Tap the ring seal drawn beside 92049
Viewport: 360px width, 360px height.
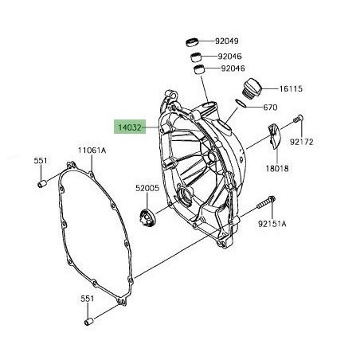pyautogui.click(x=192, y=40)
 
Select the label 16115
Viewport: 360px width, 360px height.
pyautogui.click(x=291, y=88)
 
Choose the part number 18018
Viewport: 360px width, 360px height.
pyautogui.click(x=277, y=170)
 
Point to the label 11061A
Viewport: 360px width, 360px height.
pyautogui.click(x=92, y=149)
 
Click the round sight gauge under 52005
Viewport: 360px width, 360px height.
pyautogui.click(x=146, y=215)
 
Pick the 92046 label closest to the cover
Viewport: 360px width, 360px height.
pyautogui.click(x=233, y=69)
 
